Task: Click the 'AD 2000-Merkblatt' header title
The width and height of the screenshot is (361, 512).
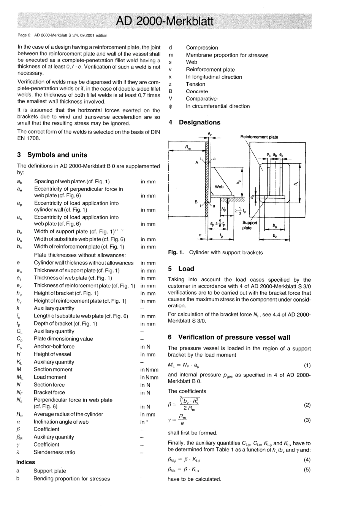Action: point(165,21)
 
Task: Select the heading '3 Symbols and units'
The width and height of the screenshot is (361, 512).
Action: point(52,155)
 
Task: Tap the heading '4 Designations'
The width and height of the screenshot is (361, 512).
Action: point(194,122)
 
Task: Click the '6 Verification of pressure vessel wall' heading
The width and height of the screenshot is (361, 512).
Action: point(229,337)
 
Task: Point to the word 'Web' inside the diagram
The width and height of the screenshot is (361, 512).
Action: point(219,187)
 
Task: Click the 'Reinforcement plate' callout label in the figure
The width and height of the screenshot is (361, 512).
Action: point(259,137)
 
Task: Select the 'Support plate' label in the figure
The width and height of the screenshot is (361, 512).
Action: point(250,225)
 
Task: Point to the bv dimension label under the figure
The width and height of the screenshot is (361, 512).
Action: point(274,236)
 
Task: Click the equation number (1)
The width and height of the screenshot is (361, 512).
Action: point(307,365)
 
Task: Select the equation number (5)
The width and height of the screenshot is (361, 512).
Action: point(307,470)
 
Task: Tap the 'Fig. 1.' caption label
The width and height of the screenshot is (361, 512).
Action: point(176,252)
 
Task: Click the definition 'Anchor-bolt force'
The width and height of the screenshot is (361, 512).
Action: point(54,346)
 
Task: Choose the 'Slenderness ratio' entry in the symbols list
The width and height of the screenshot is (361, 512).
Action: point(54,452)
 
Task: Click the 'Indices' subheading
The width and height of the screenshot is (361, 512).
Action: point(25,462)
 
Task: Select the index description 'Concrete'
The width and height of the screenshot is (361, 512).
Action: point(197,91)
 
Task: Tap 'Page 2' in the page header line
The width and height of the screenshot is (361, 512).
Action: point(24,35)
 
